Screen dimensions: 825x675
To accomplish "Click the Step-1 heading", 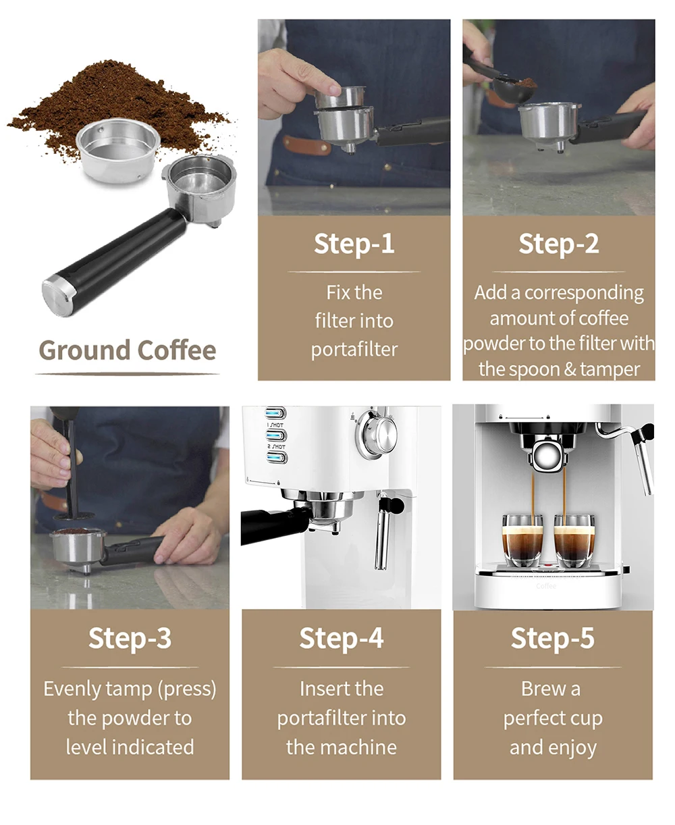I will (x=354, y=244).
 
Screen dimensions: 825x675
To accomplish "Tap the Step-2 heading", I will (x=558, y=244).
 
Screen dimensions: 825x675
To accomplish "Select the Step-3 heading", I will (x=130, y=638).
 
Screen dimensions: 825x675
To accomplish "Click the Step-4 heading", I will (x=341, y=638).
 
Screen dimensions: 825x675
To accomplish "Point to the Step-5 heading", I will (x=552, y=638).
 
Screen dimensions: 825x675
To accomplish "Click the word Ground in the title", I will (x=84, y=350).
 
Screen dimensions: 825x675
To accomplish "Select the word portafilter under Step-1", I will (x=354, y=350).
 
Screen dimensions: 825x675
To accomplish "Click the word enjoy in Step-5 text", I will (x=572, y=747).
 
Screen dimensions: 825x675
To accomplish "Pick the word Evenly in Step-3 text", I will (x=72, y=689).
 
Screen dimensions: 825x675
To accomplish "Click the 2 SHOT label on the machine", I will (x=275, y=447).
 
